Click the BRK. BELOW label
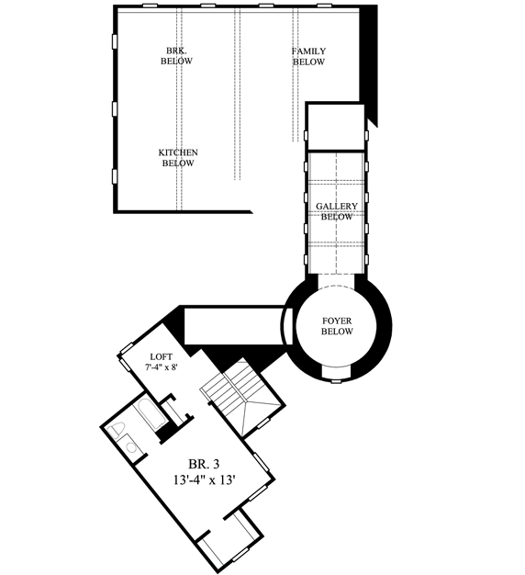tap(178, 55)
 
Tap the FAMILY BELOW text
tap(309, 56)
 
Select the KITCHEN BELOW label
tap(178, 157)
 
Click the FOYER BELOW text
tap(338, 328)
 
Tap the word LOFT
tap(162, 355)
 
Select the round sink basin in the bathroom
tap(131, 447)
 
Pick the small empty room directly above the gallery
tap(336, 126)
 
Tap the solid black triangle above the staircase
tap(229, 353)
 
